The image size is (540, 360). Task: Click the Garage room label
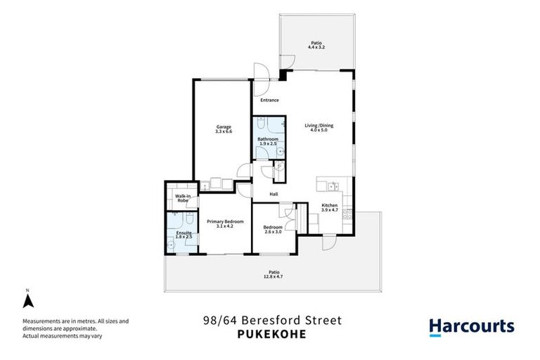pyautogui.click(x=224, y=127)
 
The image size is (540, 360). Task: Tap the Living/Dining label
pyautogui.click(x=319, y=125)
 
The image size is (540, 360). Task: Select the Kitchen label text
pyautogui.click(x=330, y=205)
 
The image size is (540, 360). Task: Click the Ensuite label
pyautogui.click(x=184, y=233)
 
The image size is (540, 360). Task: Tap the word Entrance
pyautogui.click(x=269, y=100)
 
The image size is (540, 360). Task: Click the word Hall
pyautogui.click(x=274, y=195)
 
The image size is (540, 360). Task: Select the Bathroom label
pyautogui.click(x=267, y=139)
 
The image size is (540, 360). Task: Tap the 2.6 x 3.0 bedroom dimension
pyautogui.click(x=273, y=231)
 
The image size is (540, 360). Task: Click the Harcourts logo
pyautogui.click(x=471, y=327)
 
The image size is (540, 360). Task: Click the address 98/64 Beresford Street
pyautogui.click(x=270, y=321)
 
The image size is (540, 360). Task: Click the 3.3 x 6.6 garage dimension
pyautogui.click(x=224, y=131)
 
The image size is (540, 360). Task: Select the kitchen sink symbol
pyautogui.click(x=330, y=186)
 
